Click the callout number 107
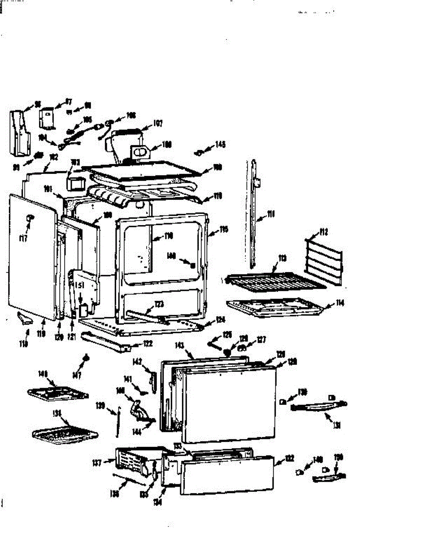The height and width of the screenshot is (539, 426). click(157, 122)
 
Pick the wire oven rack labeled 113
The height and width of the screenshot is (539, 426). click(274, 281)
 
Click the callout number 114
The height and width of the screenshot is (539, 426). click(340, 304)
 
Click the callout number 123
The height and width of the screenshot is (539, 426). click(159, 305)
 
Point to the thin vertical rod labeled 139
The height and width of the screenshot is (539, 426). click(119, 422)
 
